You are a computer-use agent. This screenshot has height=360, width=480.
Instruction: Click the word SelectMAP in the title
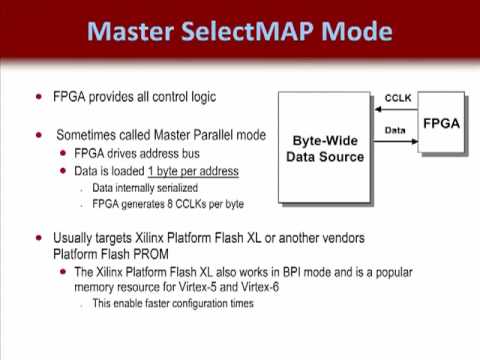tap(247, 31)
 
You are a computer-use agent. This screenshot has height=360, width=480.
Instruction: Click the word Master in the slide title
tap(130, 31)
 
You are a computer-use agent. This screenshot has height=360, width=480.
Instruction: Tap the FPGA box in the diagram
tap(441, 122)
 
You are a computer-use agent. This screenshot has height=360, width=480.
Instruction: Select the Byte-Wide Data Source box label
tap(325, 149)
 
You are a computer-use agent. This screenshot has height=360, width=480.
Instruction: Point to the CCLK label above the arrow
tap(398, 98)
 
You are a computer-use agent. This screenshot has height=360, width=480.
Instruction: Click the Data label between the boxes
tap(395, 130)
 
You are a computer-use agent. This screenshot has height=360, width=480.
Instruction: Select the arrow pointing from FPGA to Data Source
tap(396, 109)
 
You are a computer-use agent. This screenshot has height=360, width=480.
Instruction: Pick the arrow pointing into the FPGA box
tap(395, 141)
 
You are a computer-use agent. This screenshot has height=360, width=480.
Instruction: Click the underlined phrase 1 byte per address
tap(193, 171)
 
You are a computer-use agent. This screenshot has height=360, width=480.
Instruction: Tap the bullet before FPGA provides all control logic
tap(39, 97)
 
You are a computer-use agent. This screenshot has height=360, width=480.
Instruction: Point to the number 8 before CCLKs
tap(170, 204)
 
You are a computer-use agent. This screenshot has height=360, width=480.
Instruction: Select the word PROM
tap(151, 254)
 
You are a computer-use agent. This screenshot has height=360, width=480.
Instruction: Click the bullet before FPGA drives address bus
tap(63, 153)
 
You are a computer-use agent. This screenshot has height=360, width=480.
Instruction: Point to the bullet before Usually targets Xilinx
tap(39, 238)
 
